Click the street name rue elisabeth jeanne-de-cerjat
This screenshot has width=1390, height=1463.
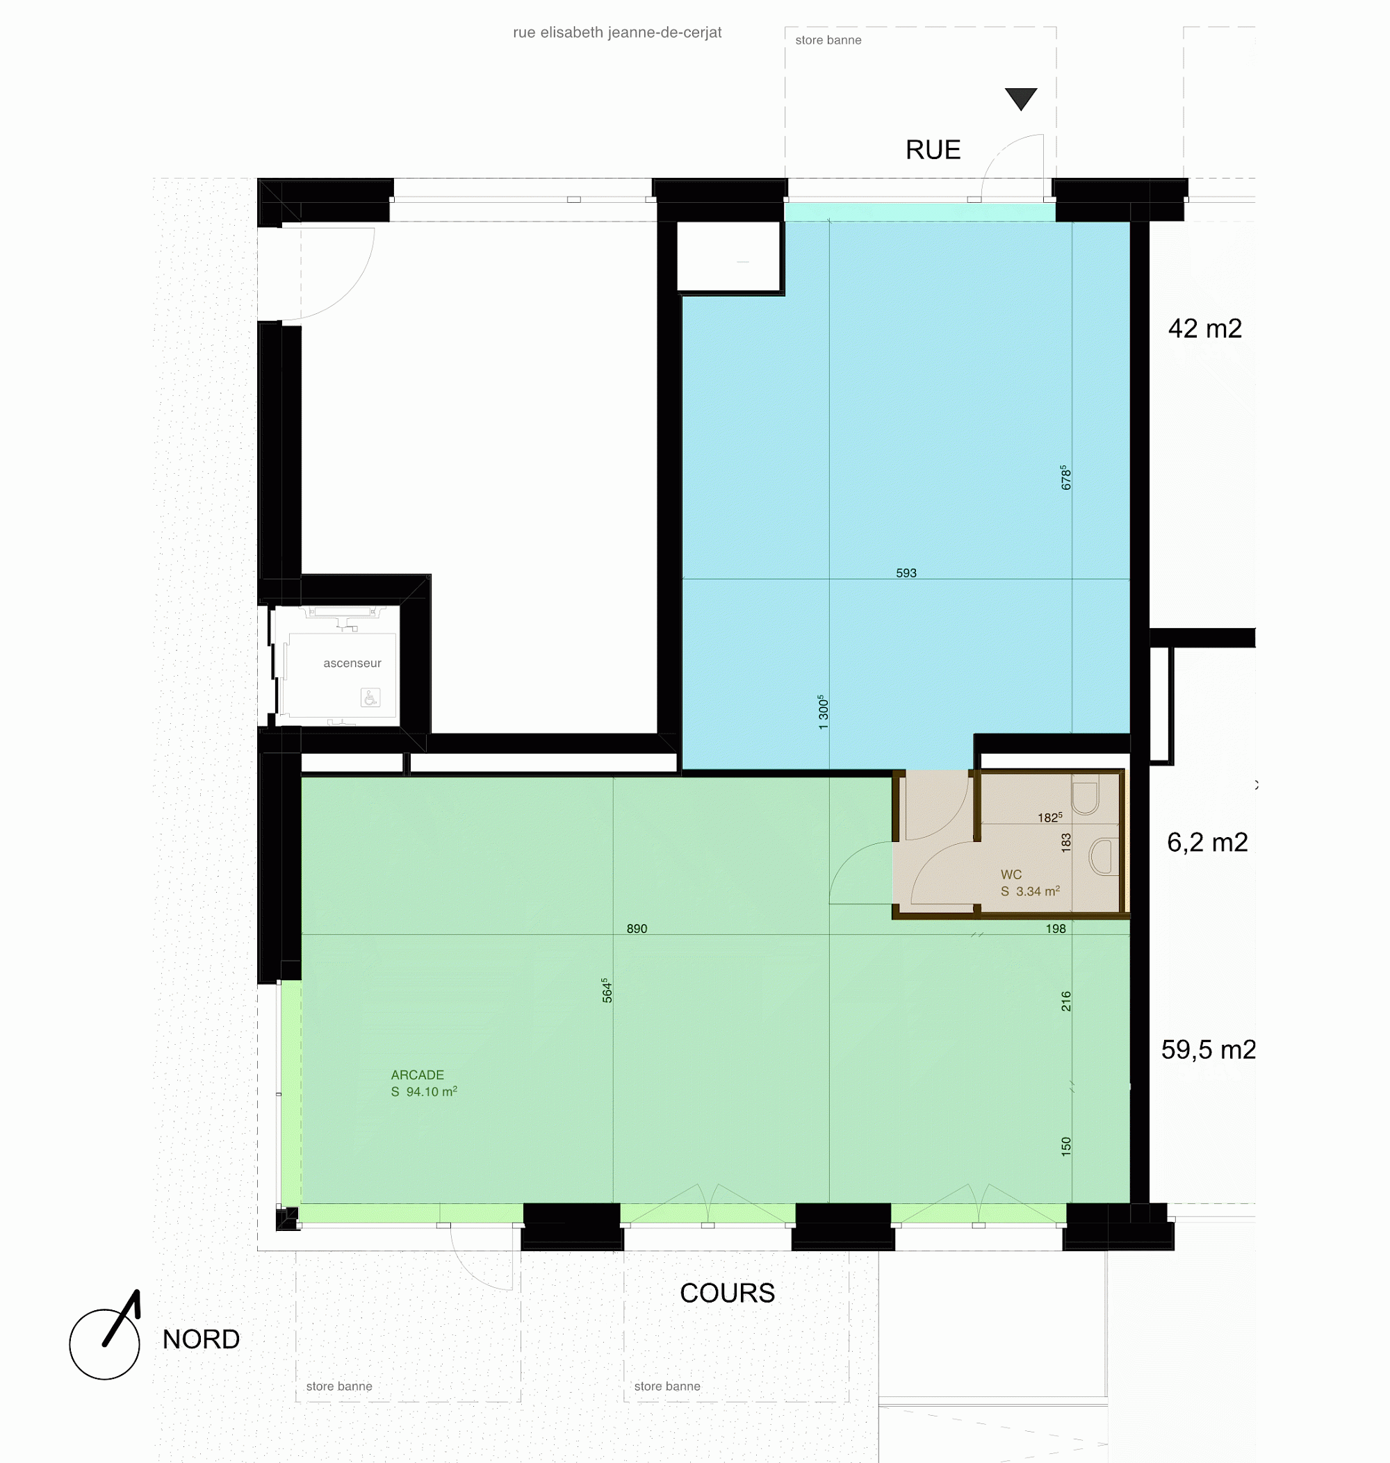coord(617,33)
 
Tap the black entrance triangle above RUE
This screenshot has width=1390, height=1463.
coord(1021,98)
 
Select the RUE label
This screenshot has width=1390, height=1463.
coord(933,149)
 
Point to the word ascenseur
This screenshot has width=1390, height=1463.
coord(352,663)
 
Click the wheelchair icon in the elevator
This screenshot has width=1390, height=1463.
coord(370,697)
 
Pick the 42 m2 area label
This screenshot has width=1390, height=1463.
coord(1204,328)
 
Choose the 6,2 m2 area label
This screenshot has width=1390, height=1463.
coord(1207,842)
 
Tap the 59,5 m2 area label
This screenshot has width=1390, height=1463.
coord(1208,1050)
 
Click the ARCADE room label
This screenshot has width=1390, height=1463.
coord(418,1075)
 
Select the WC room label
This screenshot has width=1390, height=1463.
coord(1011,875)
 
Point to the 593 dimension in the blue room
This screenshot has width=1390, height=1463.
coord(906,572)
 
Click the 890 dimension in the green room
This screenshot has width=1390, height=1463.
coord(637,928)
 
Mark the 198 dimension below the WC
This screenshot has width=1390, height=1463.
coord(1056,928)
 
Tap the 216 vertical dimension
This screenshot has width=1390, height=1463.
coord(1066,1001)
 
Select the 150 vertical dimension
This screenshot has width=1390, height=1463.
coord(1066,1146)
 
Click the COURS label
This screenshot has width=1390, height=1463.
coord(728,1293)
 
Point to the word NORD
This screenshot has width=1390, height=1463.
coord(201,1339)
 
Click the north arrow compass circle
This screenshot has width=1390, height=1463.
coord(104,1344)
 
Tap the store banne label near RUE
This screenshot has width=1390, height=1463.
coord(828,40)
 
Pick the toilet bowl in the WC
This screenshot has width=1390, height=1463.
coord(1085,793)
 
